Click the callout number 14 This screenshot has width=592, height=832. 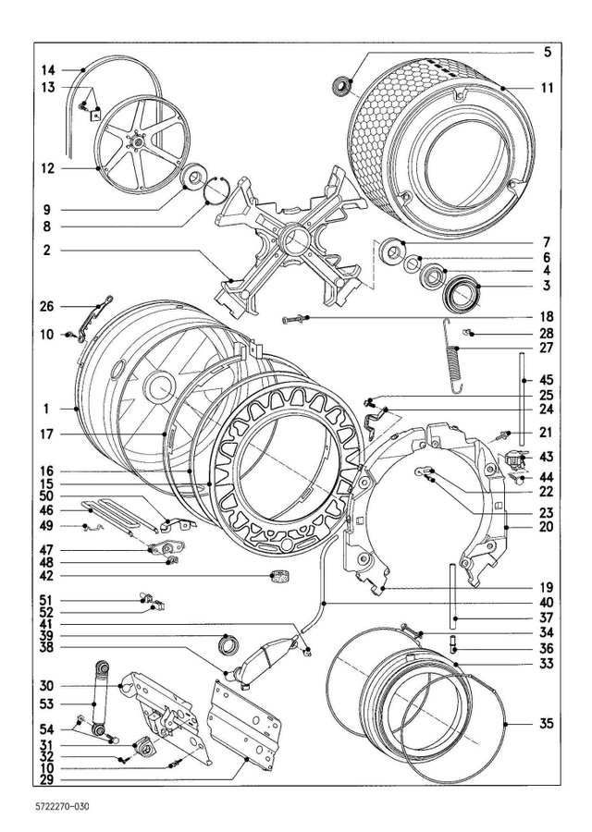48,70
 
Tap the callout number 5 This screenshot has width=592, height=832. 547,51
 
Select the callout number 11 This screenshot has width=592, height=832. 547,89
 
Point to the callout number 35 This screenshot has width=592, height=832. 547,724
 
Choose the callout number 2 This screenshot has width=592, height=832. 48,250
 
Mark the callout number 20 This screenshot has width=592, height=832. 547,526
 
